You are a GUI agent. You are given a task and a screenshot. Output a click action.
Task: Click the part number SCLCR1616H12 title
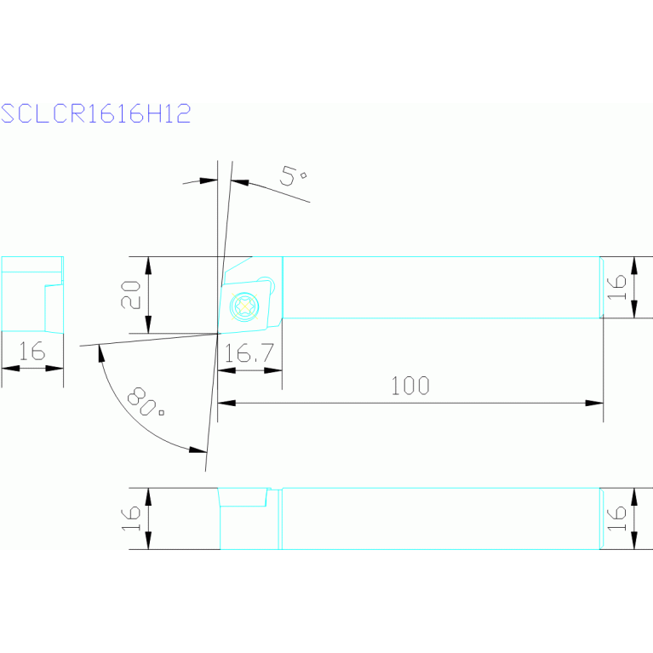pos(95,114)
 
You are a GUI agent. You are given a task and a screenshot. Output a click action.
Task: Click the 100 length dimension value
pos(410,386)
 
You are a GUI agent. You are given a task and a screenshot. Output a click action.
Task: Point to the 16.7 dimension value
pos(249,353)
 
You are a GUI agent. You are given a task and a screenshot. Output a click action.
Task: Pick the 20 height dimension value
pos(130,295)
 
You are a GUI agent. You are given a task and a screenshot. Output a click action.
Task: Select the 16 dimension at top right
pos(619,287)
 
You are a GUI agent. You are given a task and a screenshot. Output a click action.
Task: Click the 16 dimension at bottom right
pos(619,518)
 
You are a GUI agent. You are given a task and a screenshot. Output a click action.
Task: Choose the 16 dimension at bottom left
pos(130,518)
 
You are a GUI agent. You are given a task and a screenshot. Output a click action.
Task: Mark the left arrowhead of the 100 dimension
pos(226,403)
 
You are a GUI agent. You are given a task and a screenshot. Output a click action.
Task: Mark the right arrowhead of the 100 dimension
pos(596,403)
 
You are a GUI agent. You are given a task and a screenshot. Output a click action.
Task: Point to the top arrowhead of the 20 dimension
pos(149,264)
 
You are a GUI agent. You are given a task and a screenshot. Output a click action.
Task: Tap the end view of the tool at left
pos(32,294)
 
